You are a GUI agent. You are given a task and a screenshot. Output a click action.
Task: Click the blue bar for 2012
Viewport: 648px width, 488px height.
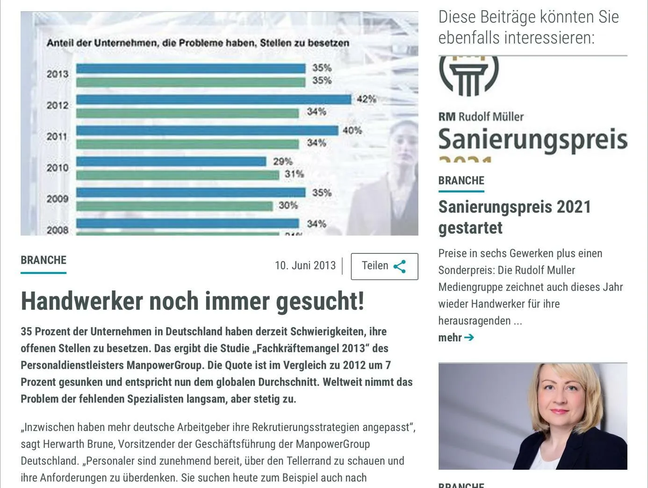click(x=213, y=100)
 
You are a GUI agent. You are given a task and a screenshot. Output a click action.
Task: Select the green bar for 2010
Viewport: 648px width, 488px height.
click(x=178, y=175)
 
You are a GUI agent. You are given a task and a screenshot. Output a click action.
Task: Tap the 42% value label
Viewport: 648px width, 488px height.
click(x=366, y=99)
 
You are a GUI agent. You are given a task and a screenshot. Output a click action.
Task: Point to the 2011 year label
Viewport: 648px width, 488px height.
click(x=57, y=136)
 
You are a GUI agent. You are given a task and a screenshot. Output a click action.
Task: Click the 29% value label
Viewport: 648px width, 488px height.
click(x=282, y=162)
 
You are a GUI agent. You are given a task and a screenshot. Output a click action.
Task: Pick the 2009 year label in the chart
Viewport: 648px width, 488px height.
click(x=57, y=199)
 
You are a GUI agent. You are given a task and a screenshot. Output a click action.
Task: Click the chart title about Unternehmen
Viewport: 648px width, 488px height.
click(x=197, y=43)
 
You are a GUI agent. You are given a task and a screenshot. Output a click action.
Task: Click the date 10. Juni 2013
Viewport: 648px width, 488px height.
click(x=305, y=266)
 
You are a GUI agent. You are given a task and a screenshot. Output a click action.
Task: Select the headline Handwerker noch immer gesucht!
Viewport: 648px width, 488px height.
click(x=192, y=301)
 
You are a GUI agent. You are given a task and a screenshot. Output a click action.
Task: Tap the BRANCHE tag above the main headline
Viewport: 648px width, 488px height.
click(x=43, y=260)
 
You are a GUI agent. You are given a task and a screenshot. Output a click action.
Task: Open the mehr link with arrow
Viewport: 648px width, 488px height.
click(x=456, y=337)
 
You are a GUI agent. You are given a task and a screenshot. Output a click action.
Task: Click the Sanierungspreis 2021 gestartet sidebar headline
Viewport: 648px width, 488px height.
click(x=514, y=217)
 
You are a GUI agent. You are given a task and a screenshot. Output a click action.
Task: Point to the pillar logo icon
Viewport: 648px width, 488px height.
click(x=468, y=75)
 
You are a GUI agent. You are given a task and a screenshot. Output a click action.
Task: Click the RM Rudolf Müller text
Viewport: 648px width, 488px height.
click(x=481, y=117)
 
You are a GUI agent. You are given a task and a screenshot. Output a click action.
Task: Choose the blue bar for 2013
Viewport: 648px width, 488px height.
click(x=191, y=69)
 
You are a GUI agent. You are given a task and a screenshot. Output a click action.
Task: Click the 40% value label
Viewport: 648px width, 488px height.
click(x=352, y=130)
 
